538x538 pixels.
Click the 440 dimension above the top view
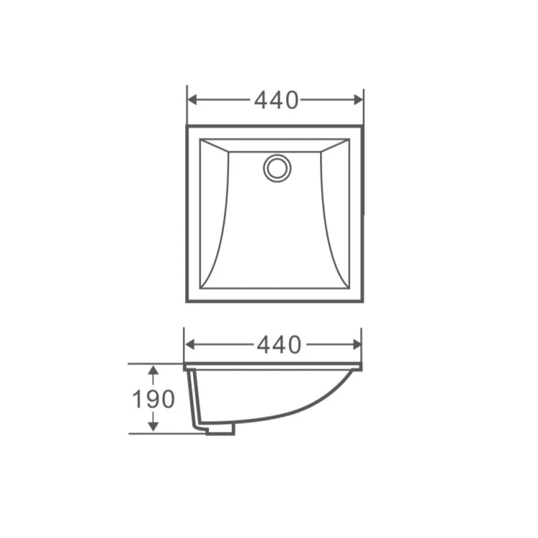pyautogui.click(x=276, y=101)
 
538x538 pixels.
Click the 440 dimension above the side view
pyautogui.click(x=279, y=346)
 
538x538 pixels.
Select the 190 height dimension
pyautogui.click(x=153, y=399)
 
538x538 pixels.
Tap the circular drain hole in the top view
pyautogui.click(x=277, y=168)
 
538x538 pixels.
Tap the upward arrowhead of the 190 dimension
pyautogui.click(x=153, y=369)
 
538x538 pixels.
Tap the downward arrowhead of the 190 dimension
pyautogui.click(x=153, y=428)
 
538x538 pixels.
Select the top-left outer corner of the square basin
pyautogui.click(x=188, y=127)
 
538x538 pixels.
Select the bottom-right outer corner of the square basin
pyautogui.click(x=362, y=301)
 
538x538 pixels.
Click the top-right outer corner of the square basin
pyautogui.click(x=362, y=127)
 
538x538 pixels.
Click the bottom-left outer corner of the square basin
pyautogui.click(x=188, y=301)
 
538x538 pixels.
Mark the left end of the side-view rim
pyautogui.click(x=186, y=367)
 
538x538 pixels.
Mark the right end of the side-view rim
pyautogui.click(x=360, y=367)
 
